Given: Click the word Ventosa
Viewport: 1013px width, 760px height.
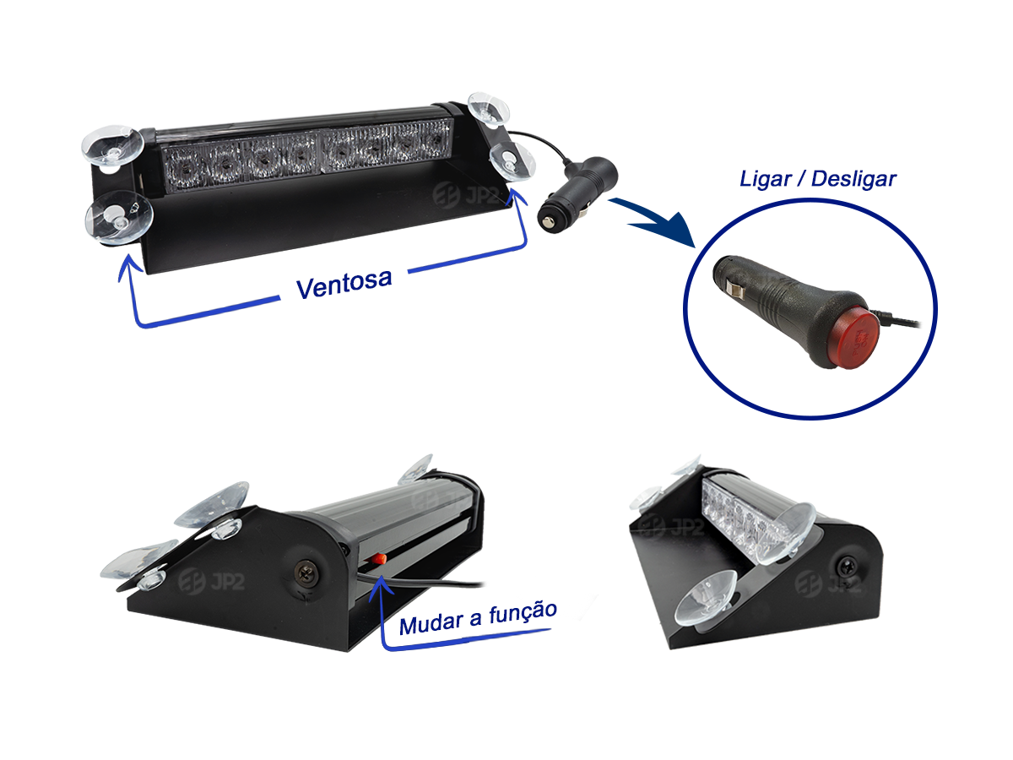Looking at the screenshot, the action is pyautogui.click(x=344, y=282).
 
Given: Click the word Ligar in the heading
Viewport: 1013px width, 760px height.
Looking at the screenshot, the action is pyautogui.click(x=765, y=179).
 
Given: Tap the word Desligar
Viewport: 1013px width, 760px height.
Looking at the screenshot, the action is pyautogui.click(x=853, y=179).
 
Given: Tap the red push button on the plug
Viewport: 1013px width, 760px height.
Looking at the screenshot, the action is pyautogui.click(x=854, y=339).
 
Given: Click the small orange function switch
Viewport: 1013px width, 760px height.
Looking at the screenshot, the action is pyautogui.click(x=377, y=559).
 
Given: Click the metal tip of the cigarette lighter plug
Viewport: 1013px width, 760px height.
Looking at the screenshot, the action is pyautogui.click(x=547, y=223).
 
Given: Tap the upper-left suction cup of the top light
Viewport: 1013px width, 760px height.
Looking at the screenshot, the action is pyautogui.click(x=112, y=145).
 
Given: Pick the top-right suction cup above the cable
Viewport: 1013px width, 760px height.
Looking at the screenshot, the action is pyautogui.click(x=488, y=108).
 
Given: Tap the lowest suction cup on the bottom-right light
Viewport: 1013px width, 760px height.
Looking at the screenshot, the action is pyautogui.click(x=706, y=598).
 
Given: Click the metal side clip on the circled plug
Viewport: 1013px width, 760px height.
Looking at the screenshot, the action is pyautogui.click(x=734, y=288).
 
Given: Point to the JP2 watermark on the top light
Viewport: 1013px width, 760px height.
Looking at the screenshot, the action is pyautogui.click(x=466, y=195).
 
